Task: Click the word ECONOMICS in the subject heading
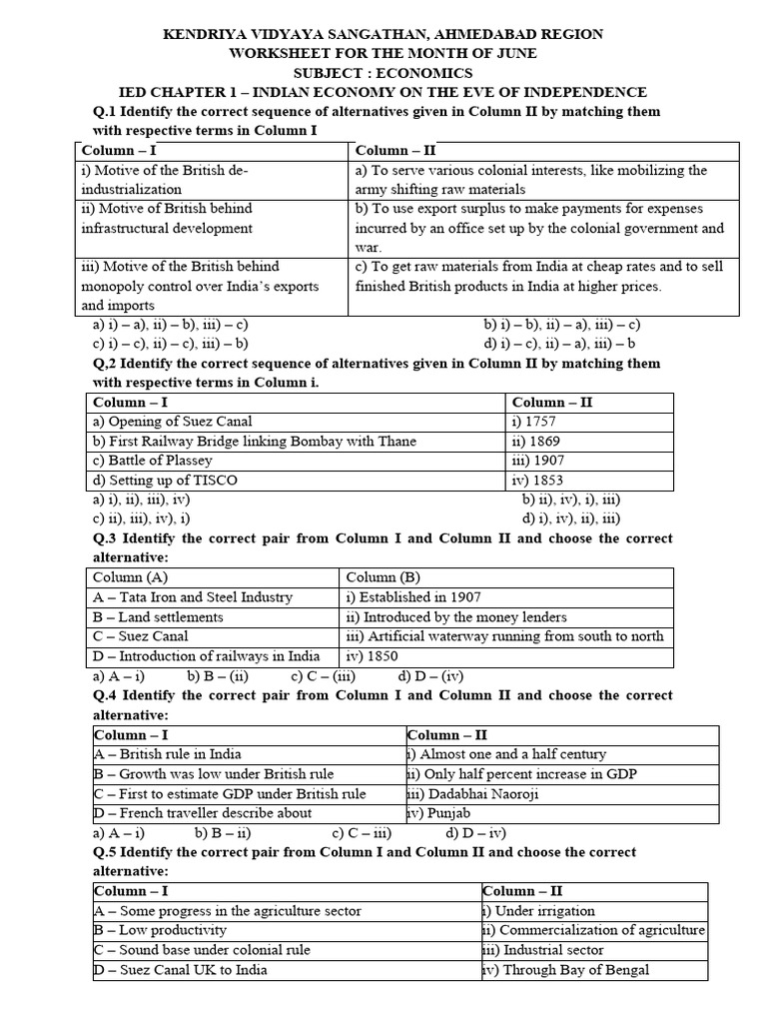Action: click(x=423, y=73)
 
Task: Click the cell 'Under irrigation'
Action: click(x=539, y=911)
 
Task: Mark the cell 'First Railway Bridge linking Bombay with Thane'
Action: click(x=254, y=442)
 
